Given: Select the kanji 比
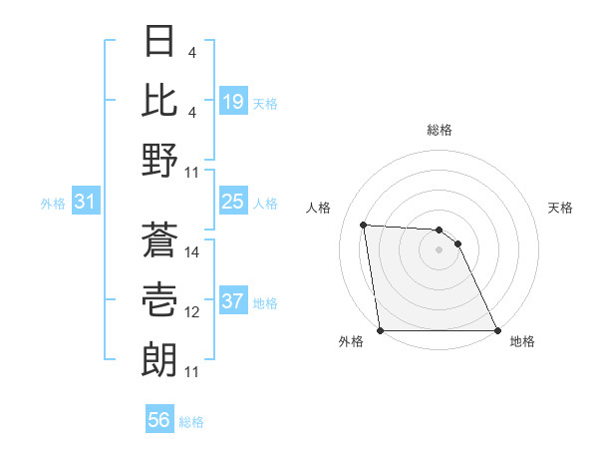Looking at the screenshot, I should (x=160, y=101).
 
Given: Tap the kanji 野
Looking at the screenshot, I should (x=160, y=160).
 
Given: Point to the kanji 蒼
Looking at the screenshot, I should (x=160, y=239).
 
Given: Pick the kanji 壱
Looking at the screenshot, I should (x=160, y=298).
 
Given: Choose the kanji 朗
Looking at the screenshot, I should (x=160, y=357).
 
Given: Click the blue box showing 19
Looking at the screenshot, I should (x=233, y=101).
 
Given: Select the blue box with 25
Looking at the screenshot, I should (x=233, y=203).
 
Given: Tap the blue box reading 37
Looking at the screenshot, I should (x=233, y=302).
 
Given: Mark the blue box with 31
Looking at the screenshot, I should (x=86, y=203).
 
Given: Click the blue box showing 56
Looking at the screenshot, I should (x=159, y=420).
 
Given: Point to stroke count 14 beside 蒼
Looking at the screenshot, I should (x=192, y=252).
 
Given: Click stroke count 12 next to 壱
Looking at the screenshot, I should (x=192, y=312).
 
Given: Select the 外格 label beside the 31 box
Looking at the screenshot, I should (x=53, y=204).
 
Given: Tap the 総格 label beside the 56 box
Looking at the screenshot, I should (x=191, y=422).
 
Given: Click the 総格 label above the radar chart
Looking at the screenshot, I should (x=439, y=130).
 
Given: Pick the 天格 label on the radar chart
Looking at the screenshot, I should (x=561, y=208).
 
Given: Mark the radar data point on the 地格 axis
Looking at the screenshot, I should (x=496, y=330).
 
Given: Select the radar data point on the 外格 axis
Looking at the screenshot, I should (x=381, y=330).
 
